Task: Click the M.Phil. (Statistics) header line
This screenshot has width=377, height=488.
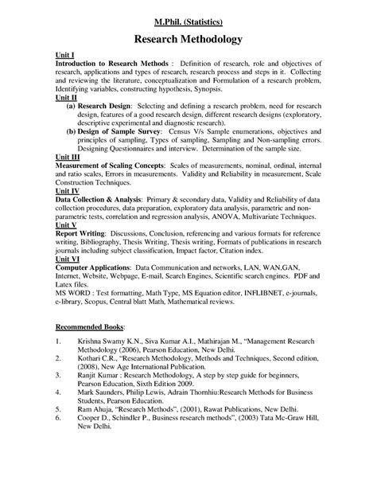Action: click(x=188, y=19)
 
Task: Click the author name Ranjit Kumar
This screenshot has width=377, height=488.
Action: click(x=102, y=400)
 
